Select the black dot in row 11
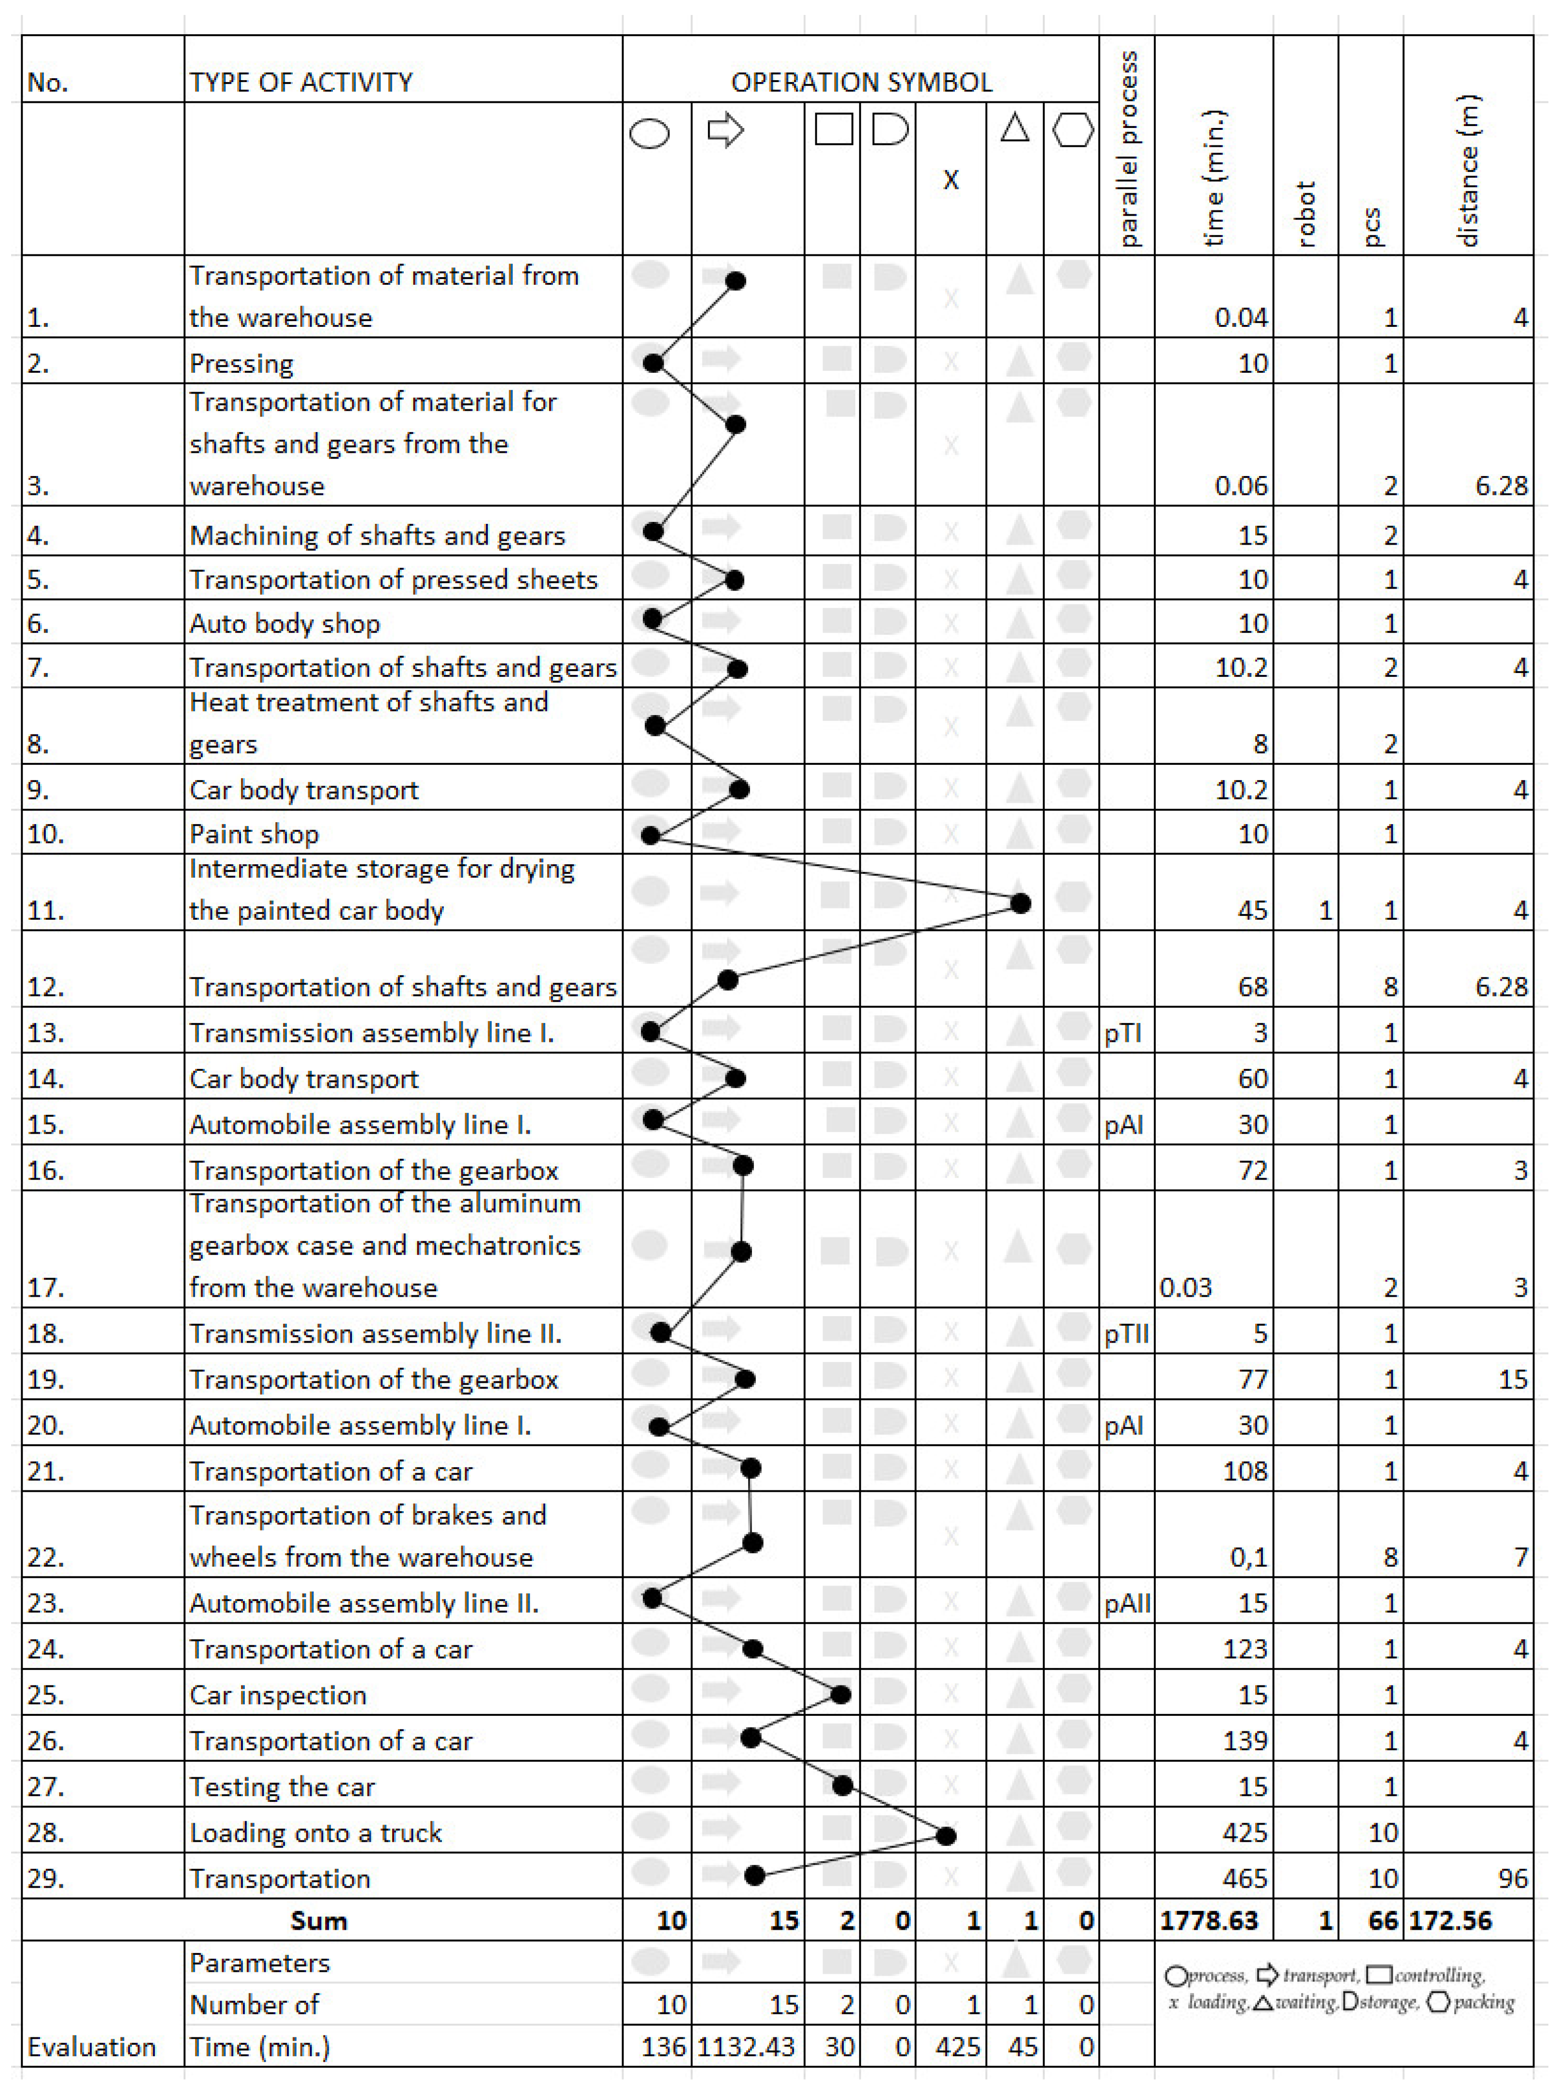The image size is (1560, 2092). coord(1020,903)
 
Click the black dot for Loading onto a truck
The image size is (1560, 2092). coord(946,1835)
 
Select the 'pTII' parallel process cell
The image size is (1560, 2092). coord(1127,1333)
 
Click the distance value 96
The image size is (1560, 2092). coord(1513,1878)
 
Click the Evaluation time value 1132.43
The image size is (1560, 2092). coord(746,2047)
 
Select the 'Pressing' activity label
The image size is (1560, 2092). coord(242,364)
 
